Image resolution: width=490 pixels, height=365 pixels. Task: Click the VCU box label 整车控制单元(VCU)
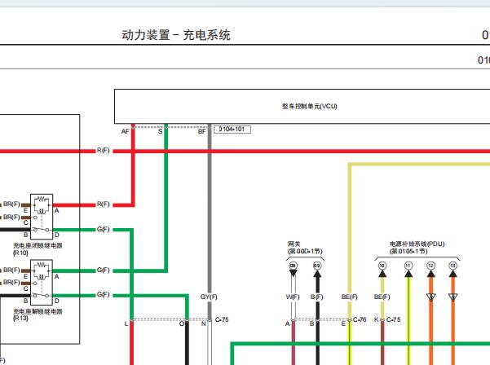pos(309,107)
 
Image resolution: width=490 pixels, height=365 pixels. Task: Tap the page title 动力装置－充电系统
pos(175,35)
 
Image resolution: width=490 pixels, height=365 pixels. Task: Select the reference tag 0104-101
pos(233,130)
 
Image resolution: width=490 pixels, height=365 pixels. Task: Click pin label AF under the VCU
pos(126,130)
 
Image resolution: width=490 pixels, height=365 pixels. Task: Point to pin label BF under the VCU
pos(201,130)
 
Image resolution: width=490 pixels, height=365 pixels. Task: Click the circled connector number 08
pos(294,266)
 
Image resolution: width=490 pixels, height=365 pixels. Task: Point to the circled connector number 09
pos(317,266)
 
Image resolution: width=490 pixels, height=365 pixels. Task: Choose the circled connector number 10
pos(382,266)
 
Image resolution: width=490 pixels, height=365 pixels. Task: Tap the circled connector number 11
pos(408,266)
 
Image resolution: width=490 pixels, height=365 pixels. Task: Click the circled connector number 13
pos(452,266)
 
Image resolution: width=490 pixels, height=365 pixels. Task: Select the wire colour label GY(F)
pos(209,297)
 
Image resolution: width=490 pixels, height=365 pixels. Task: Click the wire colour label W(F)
pos(293,297)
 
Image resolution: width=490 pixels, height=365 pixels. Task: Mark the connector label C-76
pos(360,321)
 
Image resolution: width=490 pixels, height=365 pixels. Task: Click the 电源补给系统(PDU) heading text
pos(417,244)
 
